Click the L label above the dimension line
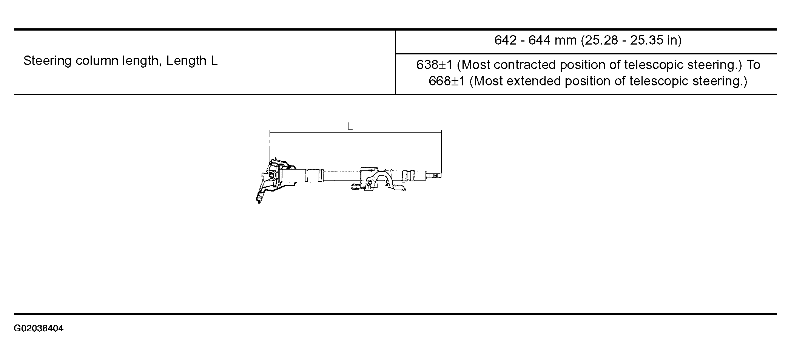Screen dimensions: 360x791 point(350,127)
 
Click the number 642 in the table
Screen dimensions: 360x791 point(505,40)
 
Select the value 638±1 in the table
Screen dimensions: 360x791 point(434,65)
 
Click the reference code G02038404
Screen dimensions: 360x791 point(39,329)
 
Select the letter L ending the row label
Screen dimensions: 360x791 point(214,61)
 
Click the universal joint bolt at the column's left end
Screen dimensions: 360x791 point(271,176)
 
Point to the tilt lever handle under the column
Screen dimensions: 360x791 point(399,188)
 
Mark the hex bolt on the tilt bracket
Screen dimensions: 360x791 point(370,184)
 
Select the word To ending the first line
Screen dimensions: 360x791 point(753,65)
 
